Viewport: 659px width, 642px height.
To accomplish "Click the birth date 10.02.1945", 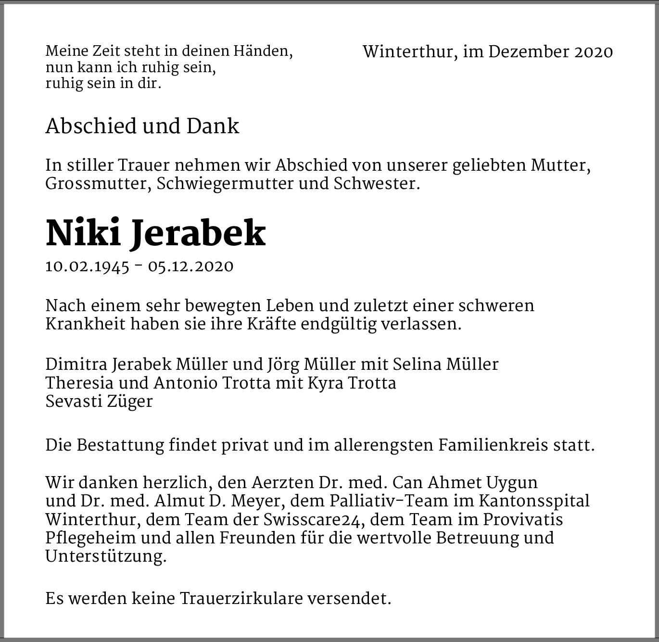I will click(88, 266).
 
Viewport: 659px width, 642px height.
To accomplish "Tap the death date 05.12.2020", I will click(191, 266).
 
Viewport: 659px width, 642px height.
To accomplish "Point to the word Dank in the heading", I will click(213, 126).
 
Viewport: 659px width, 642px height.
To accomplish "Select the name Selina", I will click(417, 365).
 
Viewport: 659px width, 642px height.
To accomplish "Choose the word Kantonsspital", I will click(534, 501).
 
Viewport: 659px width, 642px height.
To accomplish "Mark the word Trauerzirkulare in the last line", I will click(241, 599).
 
